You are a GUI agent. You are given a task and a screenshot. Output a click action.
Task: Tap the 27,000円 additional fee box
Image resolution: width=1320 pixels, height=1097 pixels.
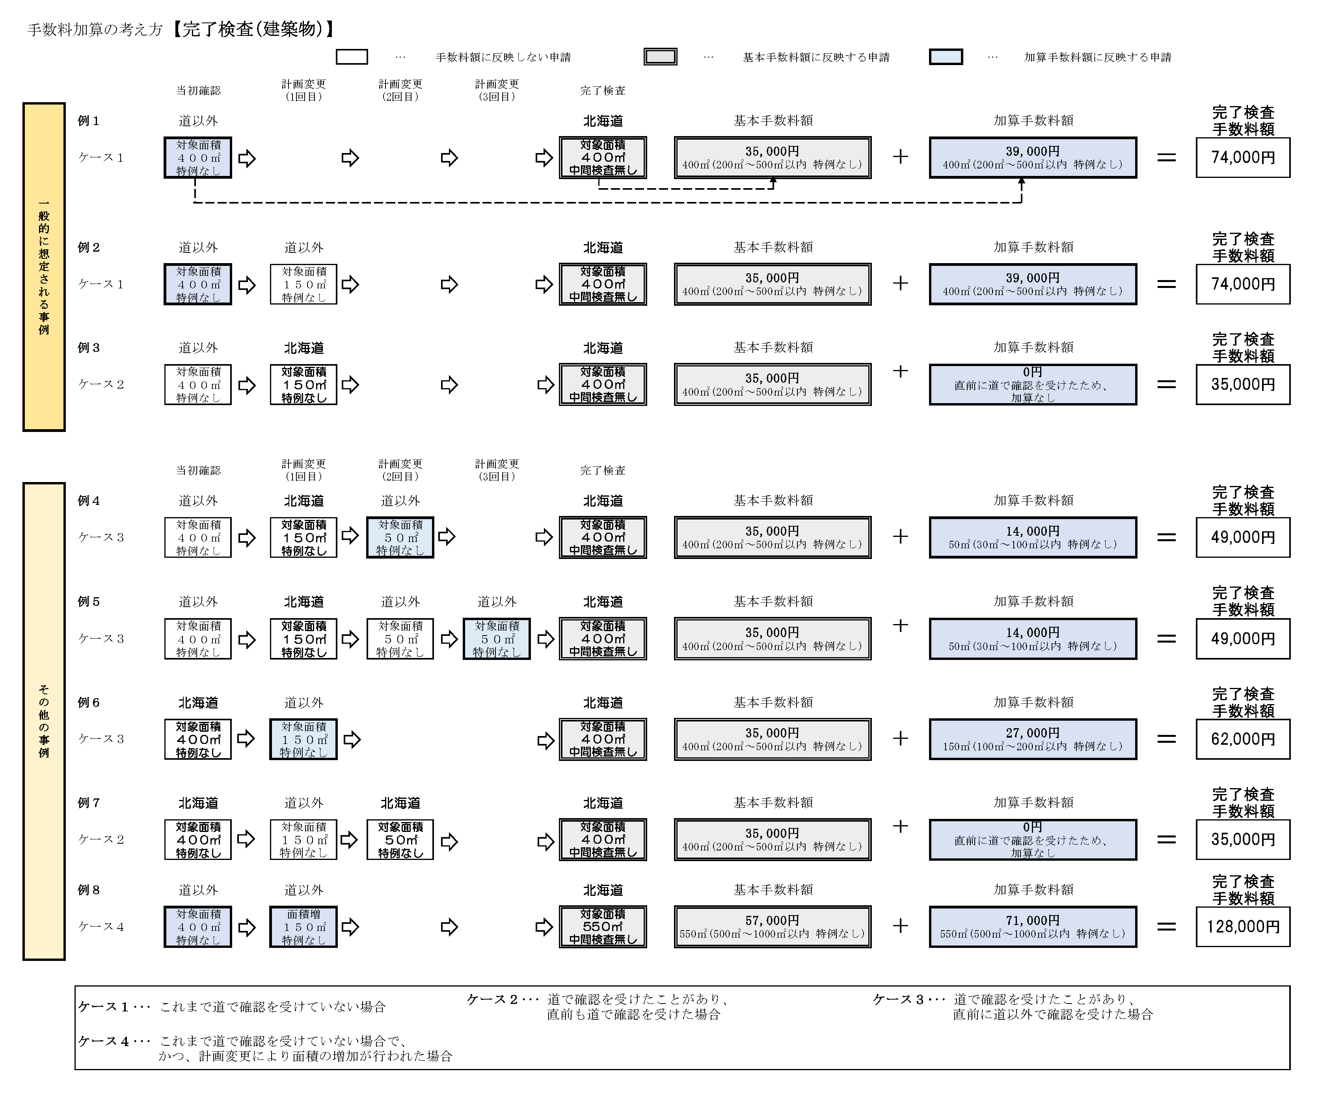(x=1032, y=739)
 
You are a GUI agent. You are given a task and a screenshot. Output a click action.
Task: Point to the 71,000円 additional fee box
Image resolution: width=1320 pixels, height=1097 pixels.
(x=1032, y=927)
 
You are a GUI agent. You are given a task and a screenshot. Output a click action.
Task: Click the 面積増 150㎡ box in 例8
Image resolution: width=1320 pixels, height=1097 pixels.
(x=303, y=927)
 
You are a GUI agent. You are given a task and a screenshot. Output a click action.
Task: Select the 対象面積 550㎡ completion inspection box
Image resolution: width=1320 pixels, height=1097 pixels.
(x=602, y=927)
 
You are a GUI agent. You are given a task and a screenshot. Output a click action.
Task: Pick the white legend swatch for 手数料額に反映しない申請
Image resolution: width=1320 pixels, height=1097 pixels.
(x=351, y=57)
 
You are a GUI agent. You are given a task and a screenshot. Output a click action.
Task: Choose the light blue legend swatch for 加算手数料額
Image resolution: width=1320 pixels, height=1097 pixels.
(x=946, y=57)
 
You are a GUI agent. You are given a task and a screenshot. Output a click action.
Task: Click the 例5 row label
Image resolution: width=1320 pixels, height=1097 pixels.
(x=89, y=601)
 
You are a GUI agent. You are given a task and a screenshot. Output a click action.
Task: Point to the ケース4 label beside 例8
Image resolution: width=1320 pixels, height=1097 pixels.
(x=101, y=927)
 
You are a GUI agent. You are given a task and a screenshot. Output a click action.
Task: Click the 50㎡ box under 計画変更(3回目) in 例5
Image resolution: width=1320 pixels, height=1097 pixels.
(x=497, y=639)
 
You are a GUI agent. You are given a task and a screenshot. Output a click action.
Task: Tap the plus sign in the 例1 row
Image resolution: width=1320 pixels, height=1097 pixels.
(x=900, y=157)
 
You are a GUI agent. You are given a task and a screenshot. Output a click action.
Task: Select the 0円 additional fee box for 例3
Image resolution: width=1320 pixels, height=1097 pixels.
(x=1032, y=384)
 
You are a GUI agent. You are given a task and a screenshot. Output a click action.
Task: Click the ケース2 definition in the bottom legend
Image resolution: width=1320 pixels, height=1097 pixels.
(x=597, y=1006)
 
